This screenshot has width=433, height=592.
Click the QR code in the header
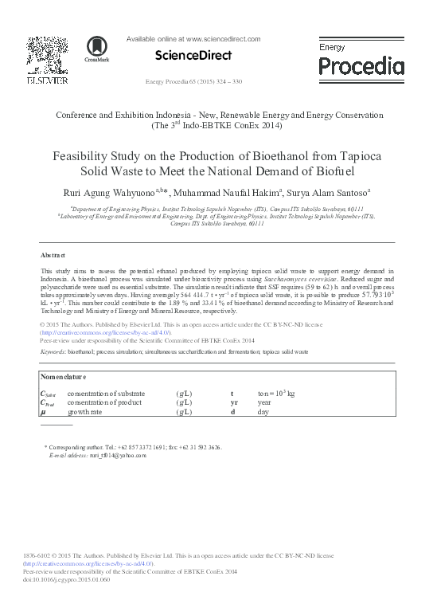click(41, 52)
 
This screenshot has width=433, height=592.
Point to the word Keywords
click(52, 351)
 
